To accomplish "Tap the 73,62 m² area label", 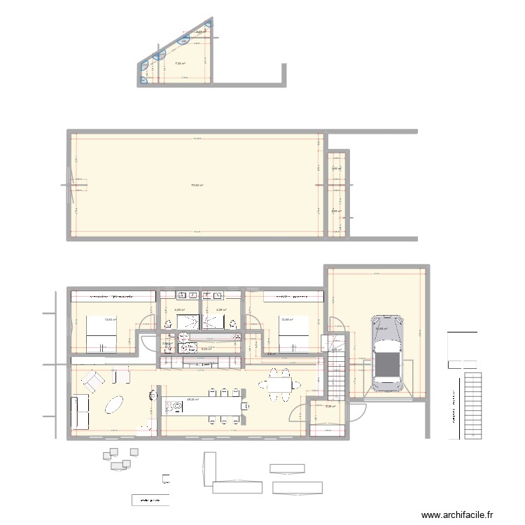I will click(197, 185).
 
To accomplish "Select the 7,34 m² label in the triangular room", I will click(179, 64).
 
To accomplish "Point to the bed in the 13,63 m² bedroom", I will click(99, 335).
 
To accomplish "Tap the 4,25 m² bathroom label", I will click(179, 310).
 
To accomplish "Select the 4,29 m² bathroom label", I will click(220, 310).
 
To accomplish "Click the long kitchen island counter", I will click(203, 406).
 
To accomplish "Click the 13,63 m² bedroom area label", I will click(110, 321).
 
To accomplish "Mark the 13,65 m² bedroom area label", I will click(286, 321).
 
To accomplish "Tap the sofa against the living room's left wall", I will click(80, 412).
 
